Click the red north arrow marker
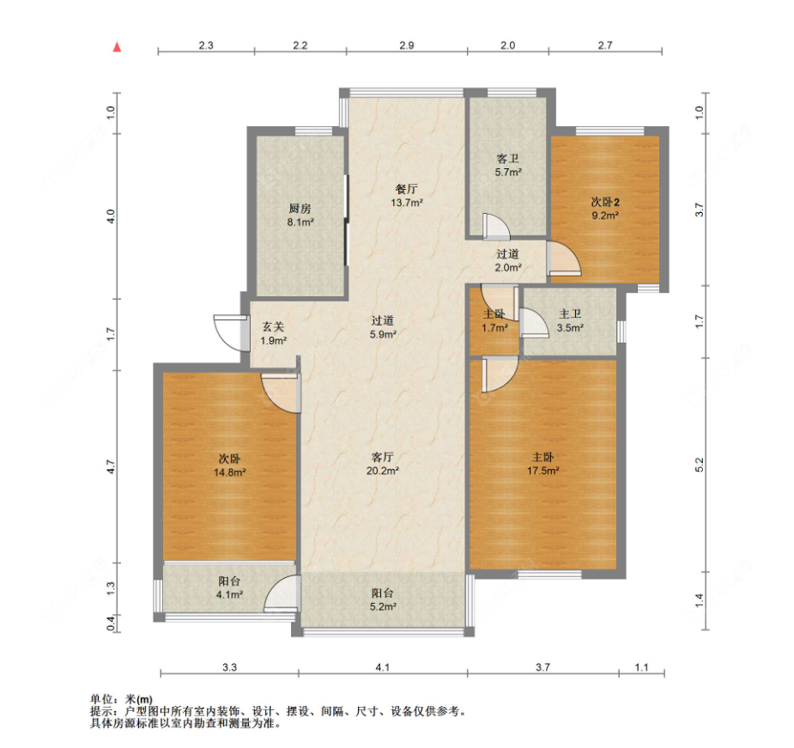[117, 47]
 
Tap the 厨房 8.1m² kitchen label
[300, 215]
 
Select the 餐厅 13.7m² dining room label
[407, 196]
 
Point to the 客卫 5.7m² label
[508, 165]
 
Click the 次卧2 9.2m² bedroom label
[605, 209]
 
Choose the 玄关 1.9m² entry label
[274, 334]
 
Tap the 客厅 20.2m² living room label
[383, 464]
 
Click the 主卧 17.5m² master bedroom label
[542, 464]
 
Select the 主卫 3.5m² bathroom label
[570, 321]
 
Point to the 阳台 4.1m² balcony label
[229, 588]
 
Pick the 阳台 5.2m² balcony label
[383, 599]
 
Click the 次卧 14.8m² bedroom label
[229, 465]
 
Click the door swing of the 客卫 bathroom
[496, 227]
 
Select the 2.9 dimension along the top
[407, 46]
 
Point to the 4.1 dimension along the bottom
[383, 667]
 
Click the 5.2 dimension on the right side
[700, 465]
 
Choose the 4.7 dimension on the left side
[112, 466]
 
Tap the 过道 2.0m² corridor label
[508, 260]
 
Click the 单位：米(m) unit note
[122, 699]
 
